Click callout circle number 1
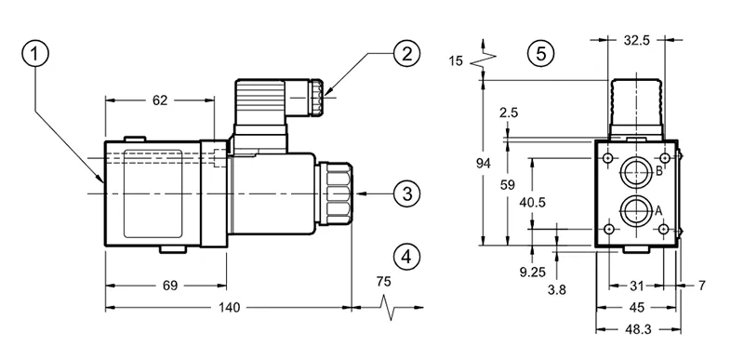pos(35,55)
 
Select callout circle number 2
pos(406,54)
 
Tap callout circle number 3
pos(406,193)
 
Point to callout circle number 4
pos(406,257)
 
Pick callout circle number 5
pos(541,54)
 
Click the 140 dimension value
pos(229,308)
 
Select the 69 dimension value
pos(170,286)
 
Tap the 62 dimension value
pos(160,100)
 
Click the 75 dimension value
pos(384,281)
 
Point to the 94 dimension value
pos(484,164)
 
